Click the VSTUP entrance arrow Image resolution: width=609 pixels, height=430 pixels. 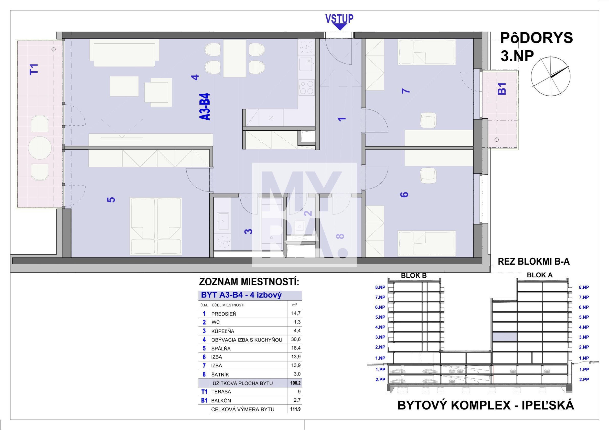[339, 27]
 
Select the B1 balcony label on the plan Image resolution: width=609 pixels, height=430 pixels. [502, 89]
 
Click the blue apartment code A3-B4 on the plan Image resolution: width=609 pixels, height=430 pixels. [205, 107]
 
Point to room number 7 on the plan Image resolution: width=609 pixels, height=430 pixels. [405, 90]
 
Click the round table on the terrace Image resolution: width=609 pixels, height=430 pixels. [40, 148]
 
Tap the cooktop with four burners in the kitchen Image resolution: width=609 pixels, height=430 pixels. [306, 87]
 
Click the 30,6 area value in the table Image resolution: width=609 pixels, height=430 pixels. [296, 339]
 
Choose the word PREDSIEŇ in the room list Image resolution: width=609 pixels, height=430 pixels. [223, 314]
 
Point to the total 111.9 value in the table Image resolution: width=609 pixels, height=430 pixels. [295, 409]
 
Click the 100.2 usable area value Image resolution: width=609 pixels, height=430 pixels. [295, 383]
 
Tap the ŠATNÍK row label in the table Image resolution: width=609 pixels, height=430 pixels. [220, 375]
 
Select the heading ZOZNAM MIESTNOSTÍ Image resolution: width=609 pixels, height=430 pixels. [249, 282]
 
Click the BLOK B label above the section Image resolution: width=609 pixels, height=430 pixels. [414, 276]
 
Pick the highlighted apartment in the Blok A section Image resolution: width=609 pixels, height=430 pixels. [505, 337]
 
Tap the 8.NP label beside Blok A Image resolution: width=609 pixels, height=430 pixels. [584, 287]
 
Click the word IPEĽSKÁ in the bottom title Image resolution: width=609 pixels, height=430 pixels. [548, 406]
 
